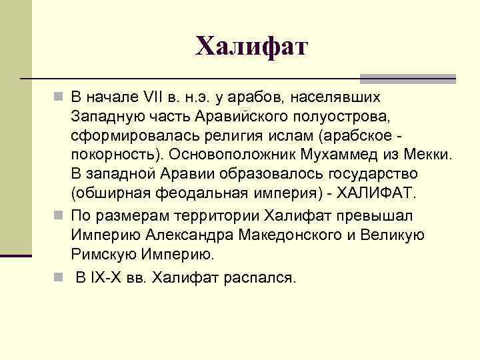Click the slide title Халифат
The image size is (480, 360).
252,46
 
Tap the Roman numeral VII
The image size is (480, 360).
153,97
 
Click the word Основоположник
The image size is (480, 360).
224,155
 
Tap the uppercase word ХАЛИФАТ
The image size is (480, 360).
375,194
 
